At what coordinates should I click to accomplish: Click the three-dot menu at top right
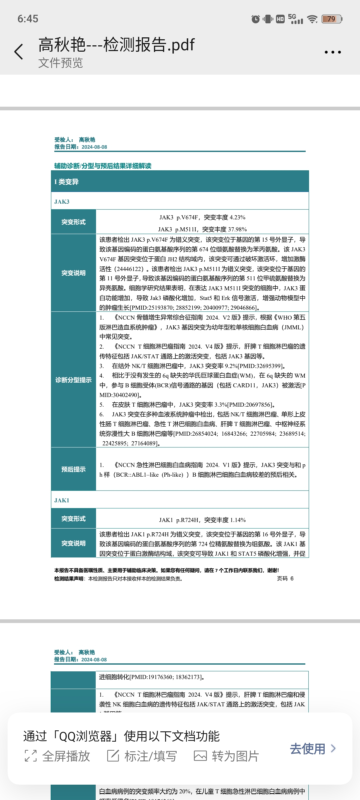333,52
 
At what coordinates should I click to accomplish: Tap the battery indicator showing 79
332,19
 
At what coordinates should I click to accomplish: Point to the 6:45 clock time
28,19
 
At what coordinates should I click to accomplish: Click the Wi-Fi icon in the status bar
312,19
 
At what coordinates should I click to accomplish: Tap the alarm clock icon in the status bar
256,19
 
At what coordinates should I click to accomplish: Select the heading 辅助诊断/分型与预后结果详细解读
103,166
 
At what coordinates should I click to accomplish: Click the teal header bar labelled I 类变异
180,182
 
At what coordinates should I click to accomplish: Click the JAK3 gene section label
62,202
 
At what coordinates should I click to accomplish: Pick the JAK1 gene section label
62,500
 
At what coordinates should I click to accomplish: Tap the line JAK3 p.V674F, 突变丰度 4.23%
202,217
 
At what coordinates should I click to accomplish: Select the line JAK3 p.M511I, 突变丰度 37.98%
202,229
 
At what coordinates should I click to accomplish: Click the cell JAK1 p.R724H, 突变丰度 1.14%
202,520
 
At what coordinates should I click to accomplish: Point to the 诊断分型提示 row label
73,380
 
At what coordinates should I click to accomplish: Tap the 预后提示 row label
73,469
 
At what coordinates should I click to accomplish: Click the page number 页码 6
285,578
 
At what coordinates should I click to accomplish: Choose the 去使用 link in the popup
313,749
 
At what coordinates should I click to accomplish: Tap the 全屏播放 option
58,756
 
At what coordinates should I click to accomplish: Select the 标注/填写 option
142,756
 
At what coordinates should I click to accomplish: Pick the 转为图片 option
226,756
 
